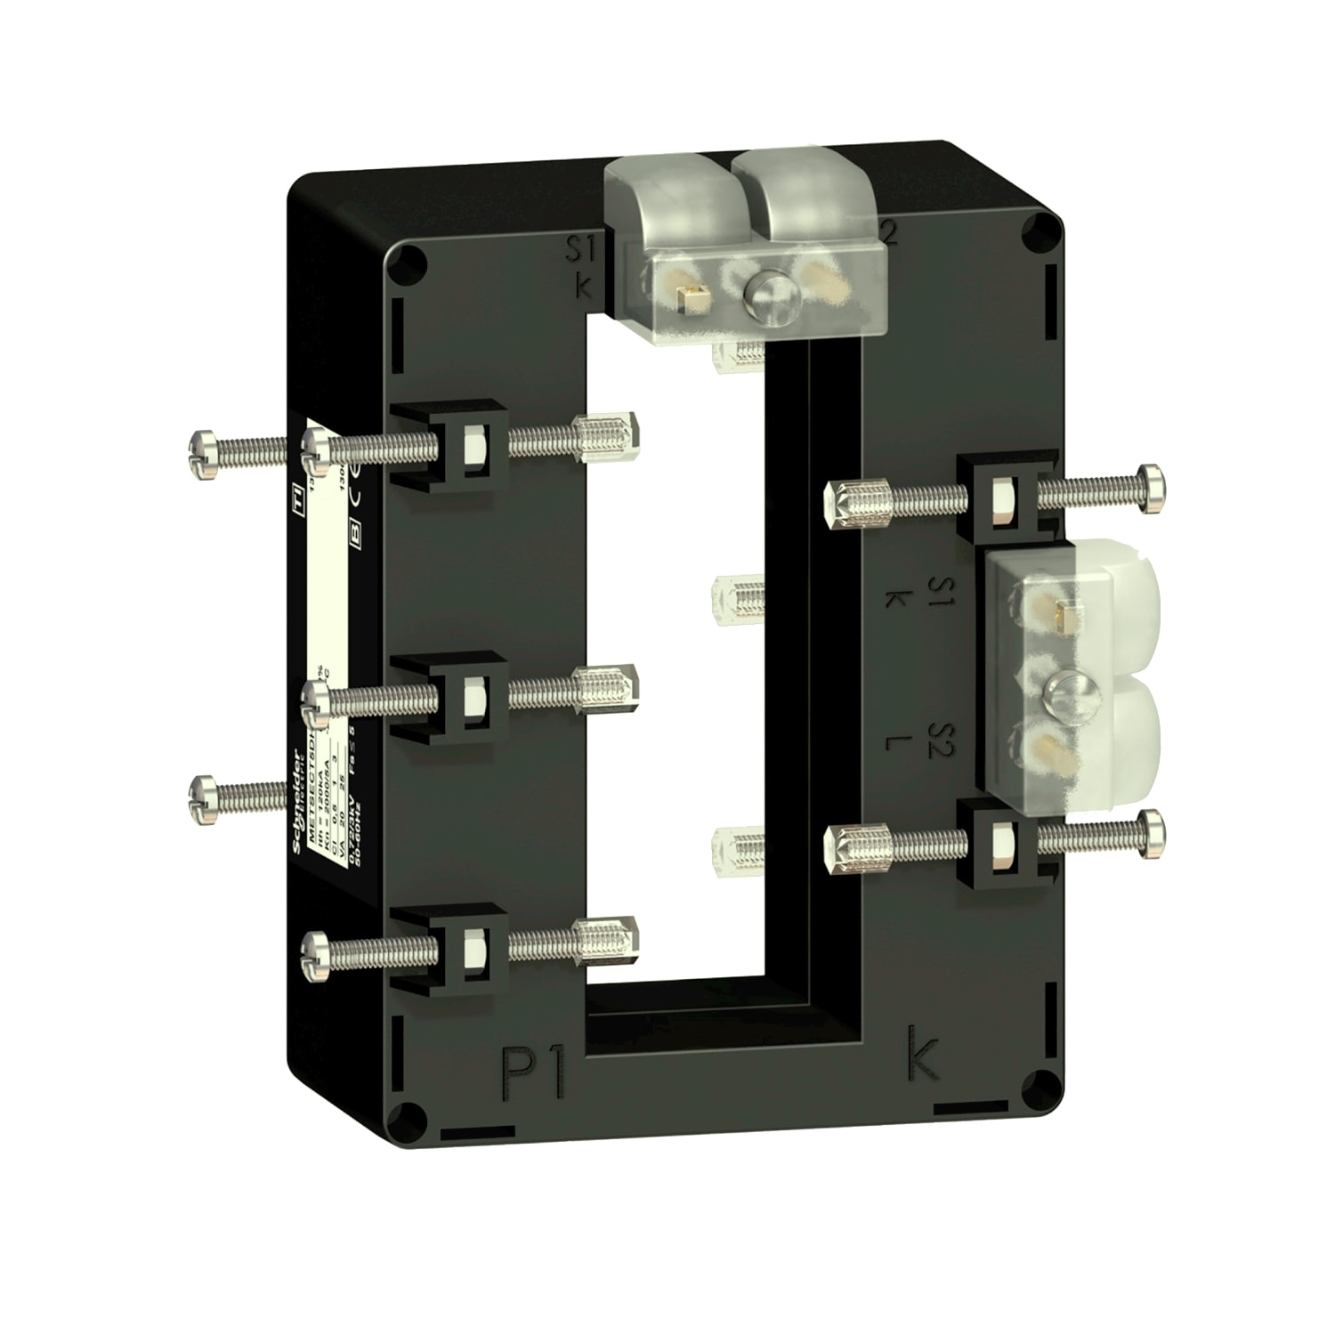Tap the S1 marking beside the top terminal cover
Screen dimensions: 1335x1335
pyautogui.click(x=582, y=251)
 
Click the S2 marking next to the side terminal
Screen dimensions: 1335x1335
pyautogui.click(x=939, y=740)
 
